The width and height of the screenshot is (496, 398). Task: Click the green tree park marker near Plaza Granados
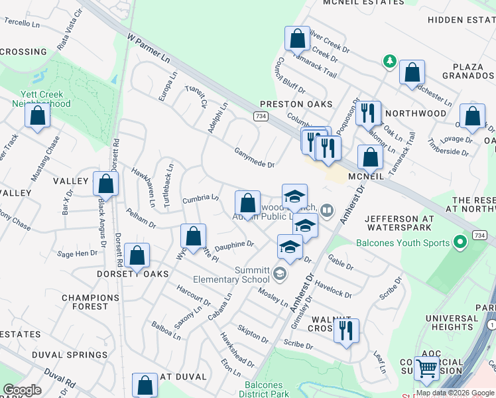tap(389, 62)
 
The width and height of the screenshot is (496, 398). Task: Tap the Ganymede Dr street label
tap(254, 158)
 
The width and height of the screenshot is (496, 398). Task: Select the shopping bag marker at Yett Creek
tap(38, 115)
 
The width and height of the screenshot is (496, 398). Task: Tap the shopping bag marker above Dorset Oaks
tap(137, 255)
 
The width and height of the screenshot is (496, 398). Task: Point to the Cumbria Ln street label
tap(200, 198)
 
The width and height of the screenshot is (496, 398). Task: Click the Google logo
tap(23, 390)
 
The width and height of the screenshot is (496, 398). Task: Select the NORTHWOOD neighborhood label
tap(416, 113)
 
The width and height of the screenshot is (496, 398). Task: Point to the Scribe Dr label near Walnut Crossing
tap(297, 344)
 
